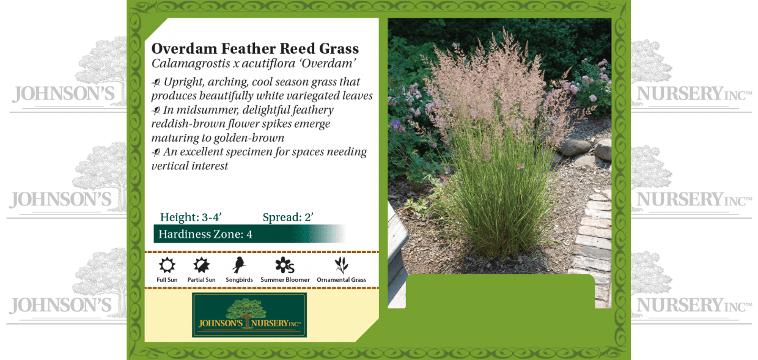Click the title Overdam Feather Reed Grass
pos(255,48)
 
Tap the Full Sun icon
pos(167,265)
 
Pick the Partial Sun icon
pos(201,265)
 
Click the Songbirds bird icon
pos(238,265)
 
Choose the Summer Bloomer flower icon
pos(284,265)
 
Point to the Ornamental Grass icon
pos(341,265)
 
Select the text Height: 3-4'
pos(191,217)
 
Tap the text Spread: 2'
pos(288,217)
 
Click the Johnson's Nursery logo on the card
pos(249,315)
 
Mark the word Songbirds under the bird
pos(239,280)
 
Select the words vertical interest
pos(190,166)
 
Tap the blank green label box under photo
pos(500,291)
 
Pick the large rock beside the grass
pos(577,147)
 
